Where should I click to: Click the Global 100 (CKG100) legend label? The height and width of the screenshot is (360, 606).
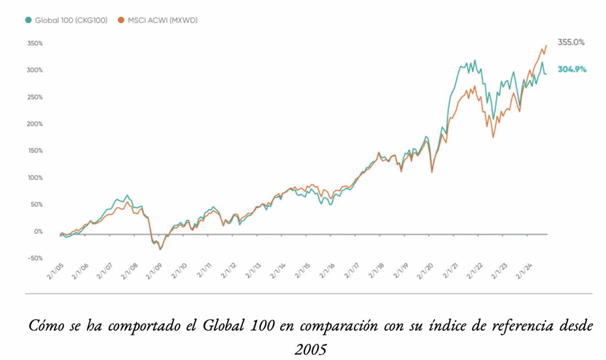[x=71, y=20]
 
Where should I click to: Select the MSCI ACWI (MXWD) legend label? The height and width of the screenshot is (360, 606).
[x=163, y=20]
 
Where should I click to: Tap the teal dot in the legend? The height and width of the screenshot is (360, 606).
[x=28, y=20]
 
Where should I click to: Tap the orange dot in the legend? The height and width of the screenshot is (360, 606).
[x=121, y=20]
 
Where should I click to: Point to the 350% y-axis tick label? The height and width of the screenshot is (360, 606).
[x=35, y=43]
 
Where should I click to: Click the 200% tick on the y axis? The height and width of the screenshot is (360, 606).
[x=35, y=124]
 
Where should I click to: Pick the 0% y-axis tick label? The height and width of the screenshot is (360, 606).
[x=38, y=232]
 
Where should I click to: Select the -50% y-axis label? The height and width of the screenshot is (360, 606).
[x=35, y=259]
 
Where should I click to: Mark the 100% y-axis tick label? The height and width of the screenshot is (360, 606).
[x=35, y=178]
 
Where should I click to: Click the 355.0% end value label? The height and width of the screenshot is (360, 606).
[x=571, y=43]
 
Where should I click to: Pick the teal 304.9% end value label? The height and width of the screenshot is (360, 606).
[x=572, y=70]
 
